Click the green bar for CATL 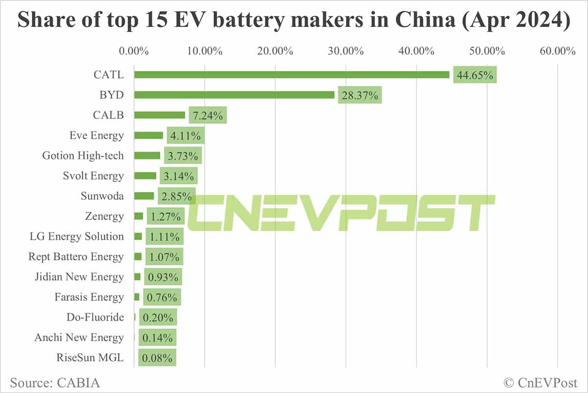click(292, 74)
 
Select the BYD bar click(234, 95)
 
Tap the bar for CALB click(159, 115)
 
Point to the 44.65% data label click(475, 75)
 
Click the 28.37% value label click(360, 95)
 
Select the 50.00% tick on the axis click(487, 50)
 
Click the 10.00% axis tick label click(205, 50)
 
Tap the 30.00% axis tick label click(346, 50)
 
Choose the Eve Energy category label click(97, 136)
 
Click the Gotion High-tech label click(83, 156)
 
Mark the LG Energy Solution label click(77, 236)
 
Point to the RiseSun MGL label click(91, 358)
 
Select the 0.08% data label click(157, 358)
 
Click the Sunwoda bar click(144, 196)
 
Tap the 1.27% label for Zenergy click(165, 216)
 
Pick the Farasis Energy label click(90, 297)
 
